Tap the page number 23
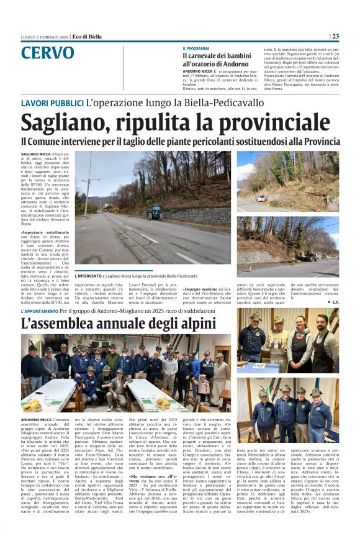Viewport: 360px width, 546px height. (335, 37)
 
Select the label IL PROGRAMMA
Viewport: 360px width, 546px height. (196, 48)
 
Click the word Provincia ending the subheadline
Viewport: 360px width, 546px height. (320, 142)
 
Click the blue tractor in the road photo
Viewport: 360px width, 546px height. (155, 212)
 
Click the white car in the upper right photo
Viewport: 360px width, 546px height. (262, 198)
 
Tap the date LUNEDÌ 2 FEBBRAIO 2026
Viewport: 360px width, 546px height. (43, 37)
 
